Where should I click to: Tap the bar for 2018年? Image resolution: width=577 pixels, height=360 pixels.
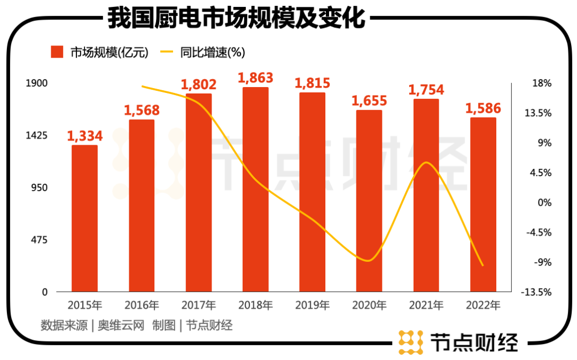click(x=255, y=190)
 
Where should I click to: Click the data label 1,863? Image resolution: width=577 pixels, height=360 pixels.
click(x=255, y=78)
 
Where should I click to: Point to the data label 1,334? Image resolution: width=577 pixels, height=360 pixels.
click(x=85, y=136)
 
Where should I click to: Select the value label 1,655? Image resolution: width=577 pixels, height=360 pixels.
click(x=369, y=100)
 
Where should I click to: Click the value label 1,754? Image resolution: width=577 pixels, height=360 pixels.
click(x=426, y=90)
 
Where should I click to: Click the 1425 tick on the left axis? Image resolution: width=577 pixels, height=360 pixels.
click(x=38, y=136)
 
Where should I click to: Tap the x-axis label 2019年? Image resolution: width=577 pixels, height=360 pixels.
click(x=312, y=306)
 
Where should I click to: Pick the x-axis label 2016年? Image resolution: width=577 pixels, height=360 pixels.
click(x=142, y=306)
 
